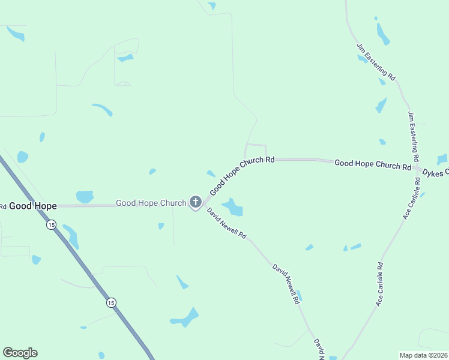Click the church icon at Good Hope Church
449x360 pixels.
pyautogui.click(x=195, y=202)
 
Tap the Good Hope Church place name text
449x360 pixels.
pyautogui.click(x=151, y=203)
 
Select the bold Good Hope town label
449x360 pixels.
pyautogui.click(x=32, y=206)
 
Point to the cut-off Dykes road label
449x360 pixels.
pyautogui.click(x=435, y=173)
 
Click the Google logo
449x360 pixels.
pyautogui.click(x=20, y=353)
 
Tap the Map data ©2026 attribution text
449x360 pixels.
pyautogui.click(x=423, y=355)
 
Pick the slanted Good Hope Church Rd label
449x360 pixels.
pyautogui.click(x=241, y=175)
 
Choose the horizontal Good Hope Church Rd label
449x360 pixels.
pyautogui.click(x=372, y=163)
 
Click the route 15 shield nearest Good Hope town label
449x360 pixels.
pyautogui.click(x=51, y=225)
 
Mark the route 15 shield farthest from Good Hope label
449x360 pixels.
pyautogui.click(x=111, y=302)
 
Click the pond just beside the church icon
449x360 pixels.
pyautogui.click(x=233, y=207)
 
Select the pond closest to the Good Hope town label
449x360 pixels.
pyautogui.click(x=85, y=196)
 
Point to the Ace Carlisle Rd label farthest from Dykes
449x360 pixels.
pyautogui.click(x=379, y=284)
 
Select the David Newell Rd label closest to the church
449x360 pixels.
pyautogui.click(x=227, y=224)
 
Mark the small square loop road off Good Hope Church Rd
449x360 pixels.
pyautogui.click(x=255, y=151)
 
